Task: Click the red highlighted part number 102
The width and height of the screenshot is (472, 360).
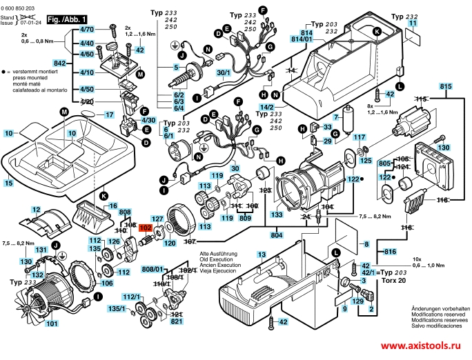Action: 146,228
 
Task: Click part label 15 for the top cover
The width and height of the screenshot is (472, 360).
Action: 8,183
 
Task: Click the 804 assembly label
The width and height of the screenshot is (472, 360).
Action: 258,236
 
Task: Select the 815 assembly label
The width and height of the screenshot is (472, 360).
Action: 445,86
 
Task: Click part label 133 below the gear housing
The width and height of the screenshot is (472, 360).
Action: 277,215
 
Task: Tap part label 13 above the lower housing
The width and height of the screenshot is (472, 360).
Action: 262,255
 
